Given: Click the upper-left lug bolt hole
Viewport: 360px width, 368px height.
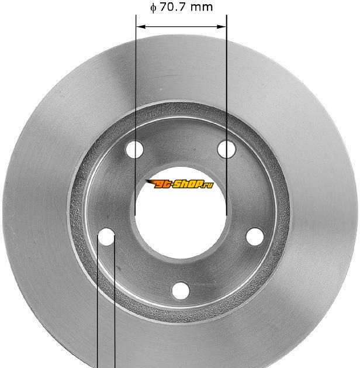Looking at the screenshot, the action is pyautogui.click(x=134, y=149).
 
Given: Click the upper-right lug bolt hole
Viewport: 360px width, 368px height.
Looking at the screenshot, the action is pyautogui.click(x=226, y=149).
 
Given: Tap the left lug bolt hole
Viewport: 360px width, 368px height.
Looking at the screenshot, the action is pyautogui.click(x=106, y=237).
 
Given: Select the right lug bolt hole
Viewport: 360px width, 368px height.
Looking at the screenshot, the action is pyautogui.click(x=255, y=236).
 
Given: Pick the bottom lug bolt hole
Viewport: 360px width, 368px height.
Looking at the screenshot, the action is pyautogui.click(x=181, y=291).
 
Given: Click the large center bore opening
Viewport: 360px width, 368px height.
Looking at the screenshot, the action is pyautogui.click(x=181, y=212).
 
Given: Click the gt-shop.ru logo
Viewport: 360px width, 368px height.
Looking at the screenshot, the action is pyautogui.click(x=179, y=184).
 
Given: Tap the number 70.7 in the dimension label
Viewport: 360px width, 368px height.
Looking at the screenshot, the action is pyautogui.click(x=173, y=7).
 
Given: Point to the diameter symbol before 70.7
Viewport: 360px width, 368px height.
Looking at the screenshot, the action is pyautogui.click(x=153, y=8).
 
